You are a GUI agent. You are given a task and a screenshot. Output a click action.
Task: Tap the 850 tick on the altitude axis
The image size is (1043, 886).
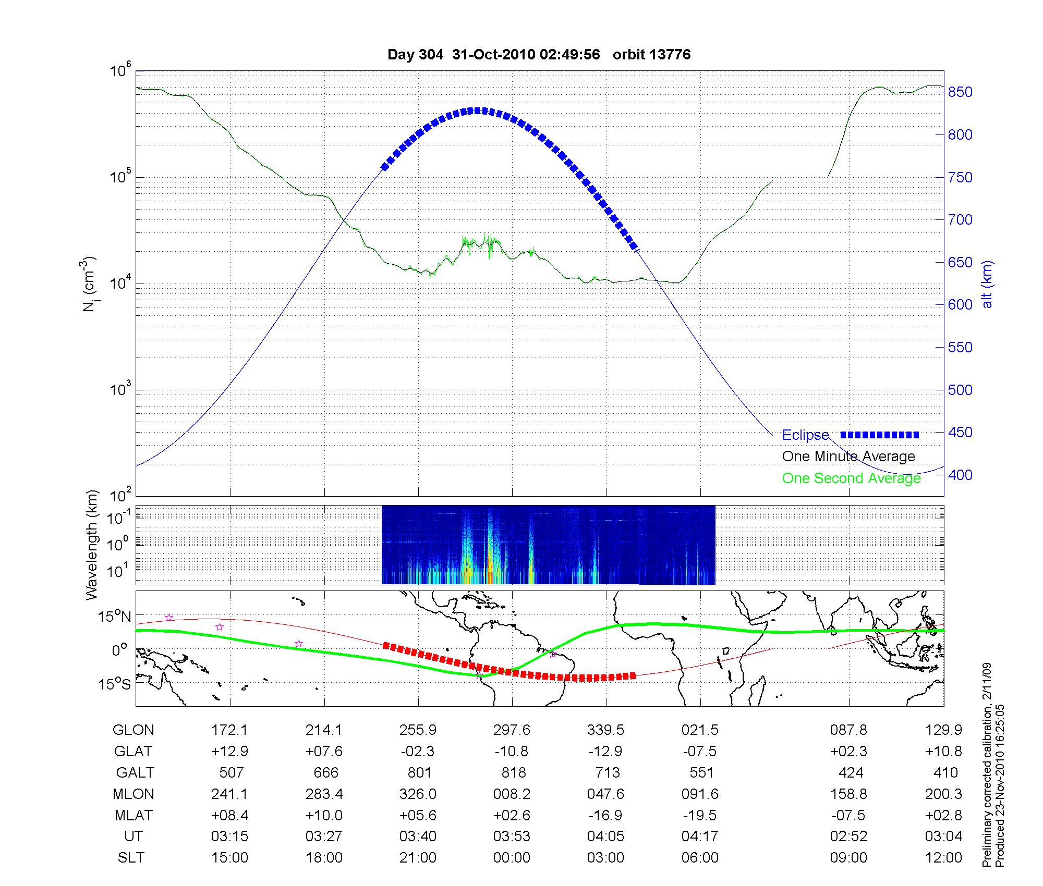(x=960, y=92)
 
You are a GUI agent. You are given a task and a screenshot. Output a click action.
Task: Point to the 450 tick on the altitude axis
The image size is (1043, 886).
(x=960, y=433)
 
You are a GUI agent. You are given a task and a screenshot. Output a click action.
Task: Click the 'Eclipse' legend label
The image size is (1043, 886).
(x=805, y=435)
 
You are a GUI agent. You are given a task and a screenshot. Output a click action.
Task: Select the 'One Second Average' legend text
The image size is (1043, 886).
(x=851, y=478)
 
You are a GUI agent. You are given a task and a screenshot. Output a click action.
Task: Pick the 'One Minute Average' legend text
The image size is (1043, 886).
(x=848, y=457)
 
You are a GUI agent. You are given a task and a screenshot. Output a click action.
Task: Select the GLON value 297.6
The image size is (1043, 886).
(x=512, y=730)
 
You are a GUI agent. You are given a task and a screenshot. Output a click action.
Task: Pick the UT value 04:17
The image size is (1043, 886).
(x=700, y=836)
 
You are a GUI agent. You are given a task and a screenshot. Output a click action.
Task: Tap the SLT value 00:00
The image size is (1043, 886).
(x=512, y=858)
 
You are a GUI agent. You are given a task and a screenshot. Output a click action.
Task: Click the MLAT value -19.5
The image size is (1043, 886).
(x=700, y=815)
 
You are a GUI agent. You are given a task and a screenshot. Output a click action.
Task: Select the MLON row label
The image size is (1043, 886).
(x=134, y=794)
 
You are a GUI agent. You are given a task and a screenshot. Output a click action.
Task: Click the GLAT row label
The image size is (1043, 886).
(x=134, y=752)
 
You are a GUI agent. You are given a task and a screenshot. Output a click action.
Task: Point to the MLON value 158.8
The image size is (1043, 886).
(x=848, y=794)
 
